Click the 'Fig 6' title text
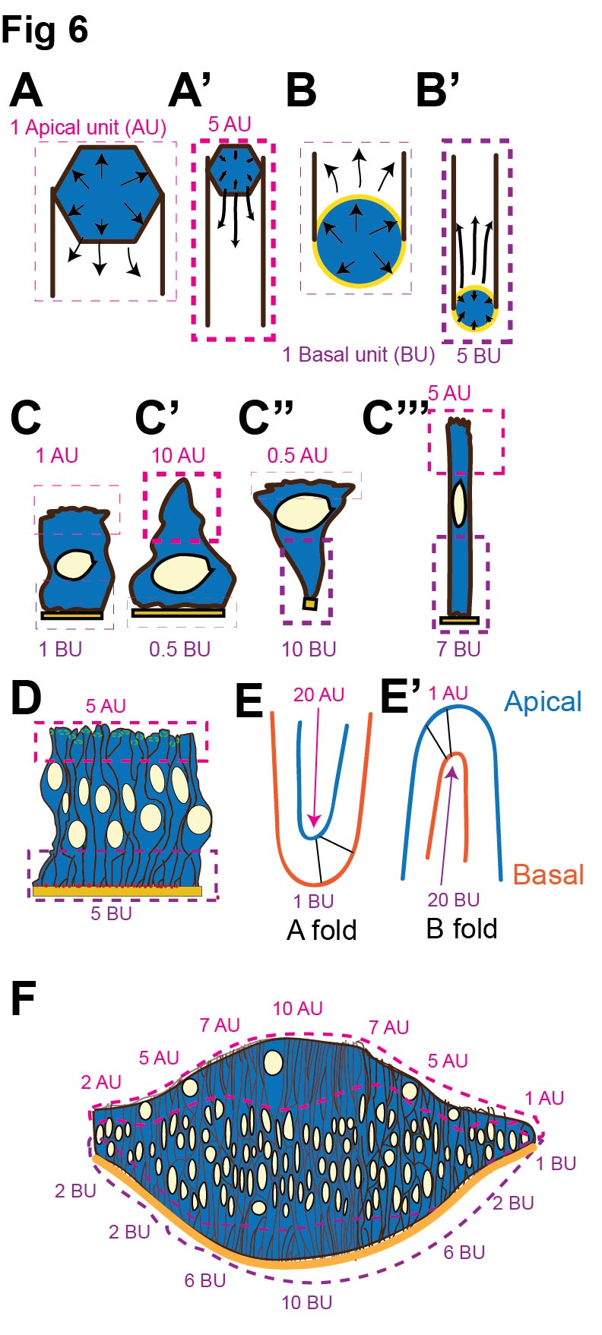[45, 30]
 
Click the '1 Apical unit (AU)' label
[88, 127]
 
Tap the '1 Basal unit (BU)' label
[359, 354]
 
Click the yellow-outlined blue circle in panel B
[356, 241]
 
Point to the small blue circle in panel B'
[475, 308]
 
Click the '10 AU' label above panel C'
[178, 455]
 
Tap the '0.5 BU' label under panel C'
[179, 649]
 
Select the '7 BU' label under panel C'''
[460, 649]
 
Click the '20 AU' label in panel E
[319, 694]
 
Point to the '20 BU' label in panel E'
[454, 900]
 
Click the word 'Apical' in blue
[543, 701]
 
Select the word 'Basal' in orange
[548, 875]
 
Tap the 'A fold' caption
[322, 929]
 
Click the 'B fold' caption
[461, 928]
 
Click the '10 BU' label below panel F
[306, 1302]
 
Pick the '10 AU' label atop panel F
[297, 1008]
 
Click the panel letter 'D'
[26, 699]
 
